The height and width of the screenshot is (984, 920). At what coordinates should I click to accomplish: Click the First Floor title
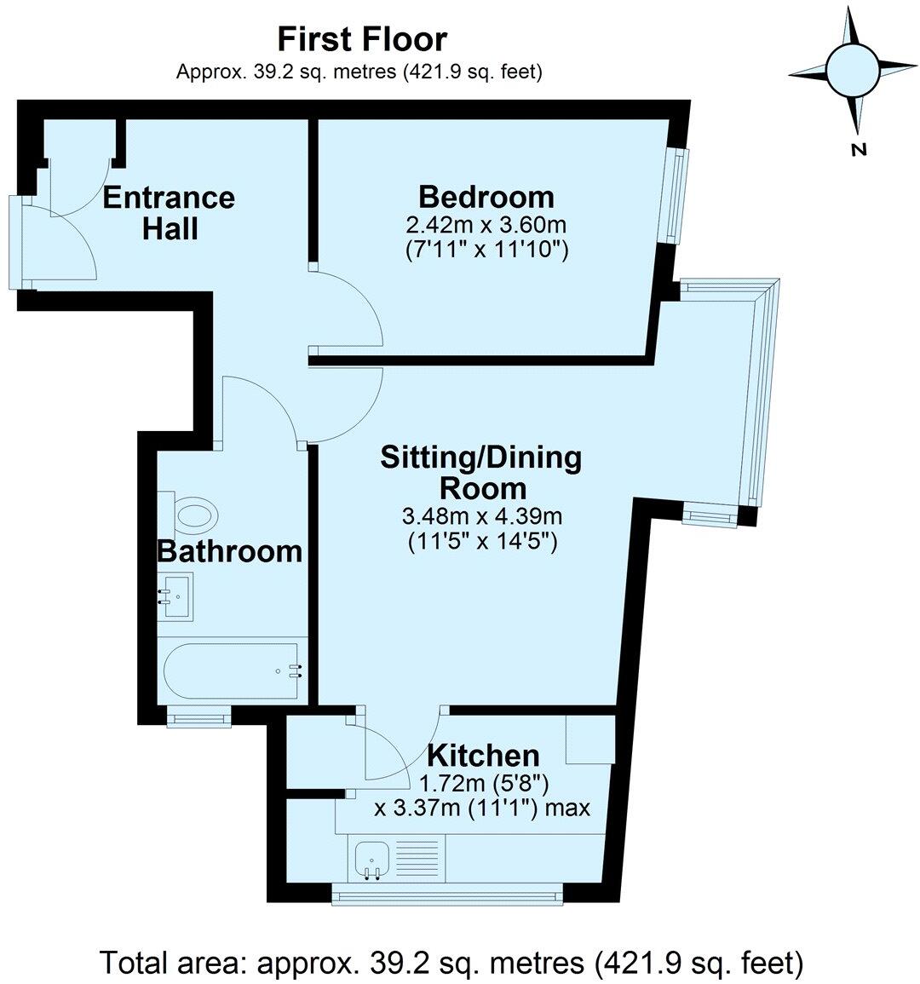point(362,39)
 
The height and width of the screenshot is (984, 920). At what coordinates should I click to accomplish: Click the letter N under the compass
point(859,151)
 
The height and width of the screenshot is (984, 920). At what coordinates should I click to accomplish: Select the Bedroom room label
point(486,197)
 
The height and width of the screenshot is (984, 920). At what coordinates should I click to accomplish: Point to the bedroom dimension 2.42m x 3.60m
point(486,226)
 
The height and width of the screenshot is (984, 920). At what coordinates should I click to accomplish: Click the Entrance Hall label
point(169,213)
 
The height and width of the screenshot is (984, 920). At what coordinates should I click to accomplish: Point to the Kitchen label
point(483,755)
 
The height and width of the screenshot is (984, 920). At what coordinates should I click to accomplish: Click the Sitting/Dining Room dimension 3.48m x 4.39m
point(481,516)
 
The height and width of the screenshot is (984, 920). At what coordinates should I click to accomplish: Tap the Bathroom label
point(230,551)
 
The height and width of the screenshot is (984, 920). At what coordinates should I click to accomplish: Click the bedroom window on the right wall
point(676,195)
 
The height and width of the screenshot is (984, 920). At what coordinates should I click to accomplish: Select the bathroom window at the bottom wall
point(199,719)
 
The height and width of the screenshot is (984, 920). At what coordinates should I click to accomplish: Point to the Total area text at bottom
point(452,963)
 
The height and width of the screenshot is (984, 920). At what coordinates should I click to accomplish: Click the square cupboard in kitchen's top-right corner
point(590,739)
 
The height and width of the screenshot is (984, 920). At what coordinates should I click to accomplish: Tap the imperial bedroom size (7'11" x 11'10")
point(486,250)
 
